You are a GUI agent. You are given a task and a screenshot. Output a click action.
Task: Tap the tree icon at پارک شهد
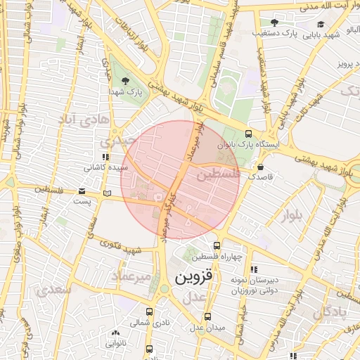126,81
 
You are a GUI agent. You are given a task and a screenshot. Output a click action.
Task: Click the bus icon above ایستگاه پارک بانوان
248,134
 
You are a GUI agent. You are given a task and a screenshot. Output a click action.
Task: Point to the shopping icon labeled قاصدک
261,168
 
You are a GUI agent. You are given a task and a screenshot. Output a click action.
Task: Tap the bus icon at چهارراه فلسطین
217,246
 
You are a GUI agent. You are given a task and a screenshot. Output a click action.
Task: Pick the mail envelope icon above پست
82,191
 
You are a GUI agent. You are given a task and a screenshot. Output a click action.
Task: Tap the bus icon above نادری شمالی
149,311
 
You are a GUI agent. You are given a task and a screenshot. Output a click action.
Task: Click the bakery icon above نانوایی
115,333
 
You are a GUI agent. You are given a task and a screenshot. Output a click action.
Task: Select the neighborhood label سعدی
56,288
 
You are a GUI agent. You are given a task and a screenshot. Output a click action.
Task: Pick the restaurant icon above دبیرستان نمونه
254,269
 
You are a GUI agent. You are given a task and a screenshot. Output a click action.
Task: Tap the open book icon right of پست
107,193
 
